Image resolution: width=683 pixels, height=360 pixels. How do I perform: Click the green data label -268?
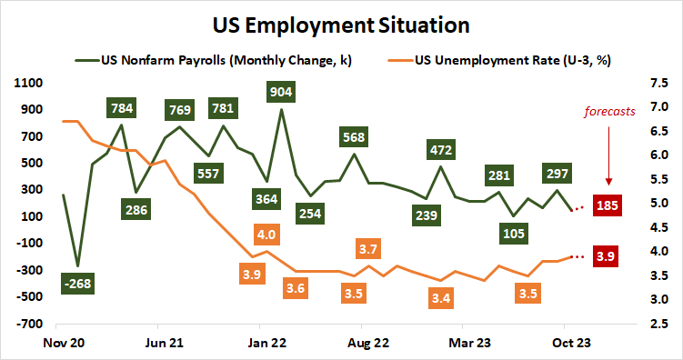click(x=78, y=285)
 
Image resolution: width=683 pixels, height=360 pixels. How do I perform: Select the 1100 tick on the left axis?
click(x=31, y=83)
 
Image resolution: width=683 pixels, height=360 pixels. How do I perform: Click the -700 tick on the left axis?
click(x=31, y=324)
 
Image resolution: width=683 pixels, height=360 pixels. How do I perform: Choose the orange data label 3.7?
click(x=367, y=247)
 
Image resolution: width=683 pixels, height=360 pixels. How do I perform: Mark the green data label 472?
click(x=441, y=147)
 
